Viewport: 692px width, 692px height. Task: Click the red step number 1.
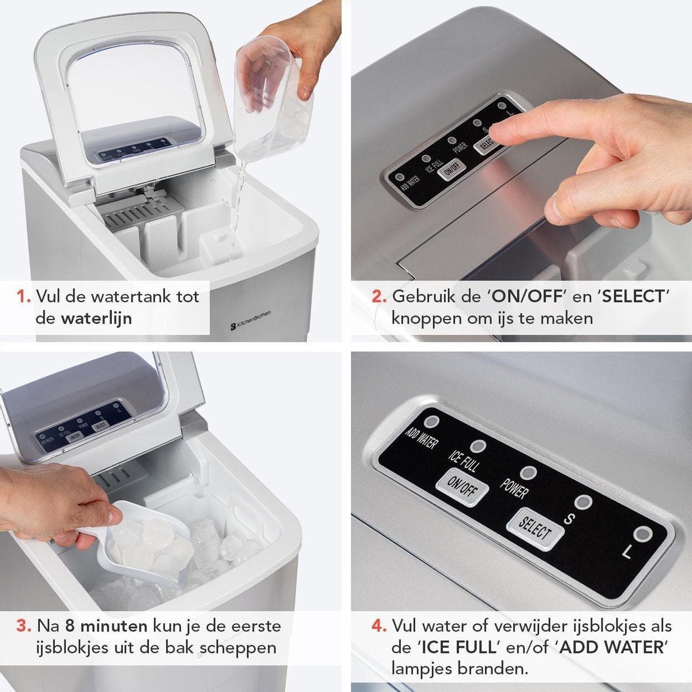point(23,298)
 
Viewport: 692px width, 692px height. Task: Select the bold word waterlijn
point(96,318)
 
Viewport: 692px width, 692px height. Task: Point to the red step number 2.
point(379,298)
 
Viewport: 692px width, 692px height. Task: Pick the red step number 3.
point(24,626)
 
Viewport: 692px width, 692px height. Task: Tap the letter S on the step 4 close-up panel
point(568,518)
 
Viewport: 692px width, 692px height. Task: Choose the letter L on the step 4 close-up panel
point(627,552)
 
